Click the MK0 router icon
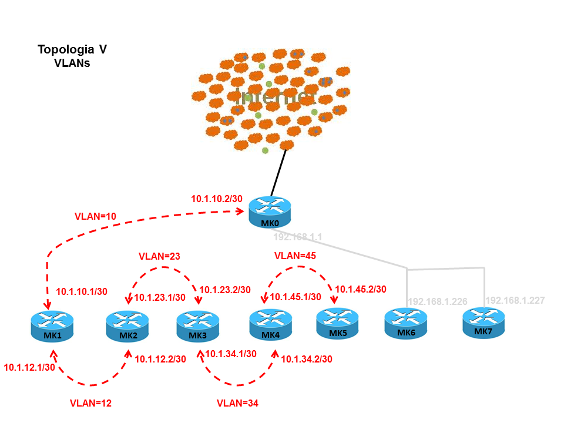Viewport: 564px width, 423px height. (269, 212)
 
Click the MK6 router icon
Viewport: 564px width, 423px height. (406, 324)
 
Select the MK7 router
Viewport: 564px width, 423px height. (484, 323)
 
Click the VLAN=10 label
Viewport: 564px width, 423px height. (96, 217)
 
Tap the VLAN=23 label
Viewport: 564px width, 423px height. (159, 257)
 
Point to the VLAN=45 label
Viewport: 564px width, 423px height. (296, 257)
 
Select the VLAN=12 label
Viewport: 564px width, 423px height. (90, 404)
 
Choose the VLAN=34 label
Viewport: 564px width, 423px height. (237, 404)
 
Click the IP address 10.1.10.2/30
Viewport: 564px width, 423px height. (217, 199)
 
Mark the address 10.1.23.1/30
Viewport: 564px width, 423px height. (160, 297)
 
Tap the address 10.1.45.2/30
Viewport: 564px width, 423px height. (361, 289)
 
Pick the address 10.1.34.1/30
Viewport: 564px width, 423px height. (231, 354)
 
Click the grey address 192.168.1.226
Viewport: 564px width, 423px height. (438, 302)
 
